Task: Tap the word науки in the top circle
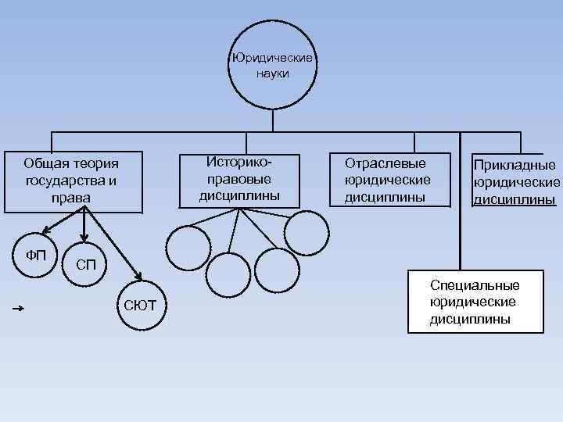272,73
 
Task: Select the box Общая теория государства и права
74,181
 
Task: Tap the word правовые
239,178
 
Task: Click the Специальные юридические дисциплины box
475,302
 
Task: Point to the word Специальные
475,285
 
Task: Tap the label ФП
36,256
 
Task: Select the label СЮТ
140,305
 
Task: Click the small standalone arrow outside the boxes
20,309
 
